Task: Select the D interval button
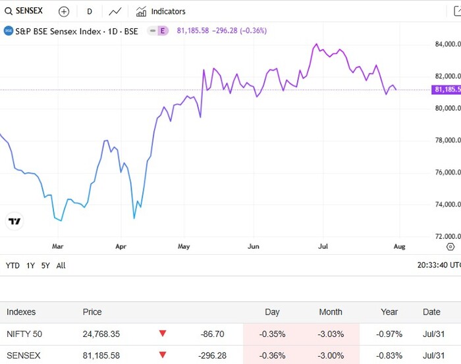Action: tap(90, 11)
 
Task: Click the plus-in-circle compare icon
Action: tap(63, 11)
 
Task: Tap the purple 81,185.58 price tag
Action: tap(446, 90)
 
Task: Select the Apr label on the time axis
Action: tap(121, 247)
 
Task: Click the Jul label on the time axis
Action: tap(323, 247)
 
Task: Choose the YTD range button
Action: tap(13, 265)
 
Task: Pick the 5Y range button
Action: tap(45, 265)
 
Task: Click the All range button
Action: tap(61, 265)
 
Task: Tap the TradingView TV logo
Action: tap(14, 221)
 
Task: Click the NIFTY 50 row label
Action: tap(24, 334)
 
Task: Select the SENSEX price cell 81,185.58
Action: tap(101, 355)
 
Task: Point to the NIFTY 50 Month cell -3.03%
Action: tap(331, 334)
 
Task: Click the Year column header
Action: tap(389, 312)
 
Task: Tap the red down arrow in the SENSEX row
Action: tap(163, 355)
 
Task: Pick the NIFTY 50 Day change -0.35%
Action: tap(272, 334)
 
